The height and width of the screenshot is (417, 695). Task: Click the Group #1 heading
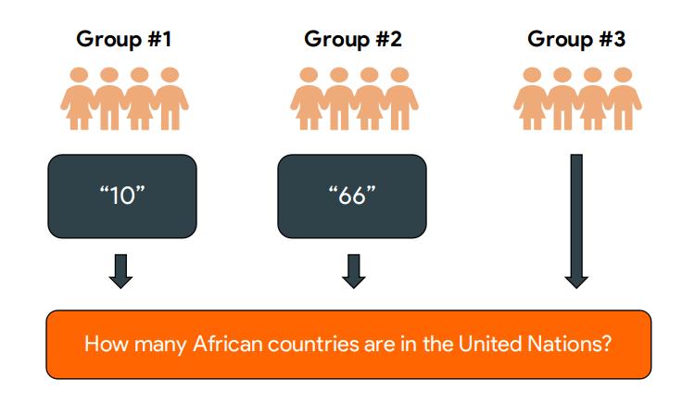pos(123,39)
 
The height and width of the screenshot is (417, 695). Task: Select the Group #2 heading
pos(353,39)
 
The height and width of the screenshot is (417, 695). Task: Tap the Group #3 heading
pos(576,39)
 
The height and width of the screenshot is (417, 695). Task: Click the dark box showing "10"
pos(122,196)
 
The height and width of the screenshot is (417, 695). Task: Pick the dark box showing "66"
pos(352,196)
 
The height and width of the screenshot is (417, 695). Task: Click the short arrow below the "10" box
pos(121,272)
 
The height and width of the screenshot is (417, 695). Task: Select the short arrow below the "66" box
pos(354,272)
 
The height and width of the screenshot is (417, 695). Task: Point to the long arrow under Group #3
pos(576,221)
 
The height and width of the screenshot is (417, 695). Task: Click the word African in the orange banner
pos(227,344)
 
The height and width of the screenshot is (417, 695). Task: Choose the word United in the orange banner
pos(490,344)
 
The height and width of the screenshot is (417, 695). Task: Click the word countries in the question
pos(313,344)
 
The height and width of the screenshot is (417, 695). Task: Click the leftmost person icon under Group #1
pos(79,98)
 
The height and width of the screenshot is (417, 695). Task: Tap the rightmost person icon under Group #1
pos(171,98)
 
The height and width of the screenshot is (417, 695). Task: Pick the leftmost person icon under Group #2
pos(309,98)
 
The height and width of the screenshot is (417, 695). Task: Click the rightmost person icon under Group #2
pos(399,98)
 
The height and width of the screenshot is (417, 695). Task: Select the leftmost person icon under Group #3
pos(532,98)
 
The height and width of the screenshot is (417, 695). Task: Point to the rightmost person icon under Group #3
pos(624,98)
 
